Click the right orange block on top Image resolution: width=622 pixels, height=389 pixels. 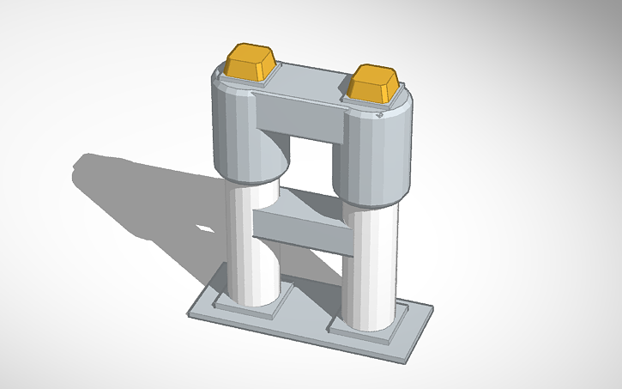(374, 86)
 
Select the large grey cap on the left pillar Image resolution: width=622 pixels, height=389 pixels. (236, 129)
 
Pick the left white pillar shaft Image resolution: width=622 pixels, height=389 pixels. (253, 245)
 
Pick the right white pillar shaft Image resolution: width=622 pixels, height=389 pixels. (369, 266)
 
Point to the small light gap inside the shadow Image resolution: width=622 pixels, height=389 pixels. (206, 229)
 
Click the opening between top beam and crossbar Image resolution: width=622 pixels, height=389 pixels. (313, 163)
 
